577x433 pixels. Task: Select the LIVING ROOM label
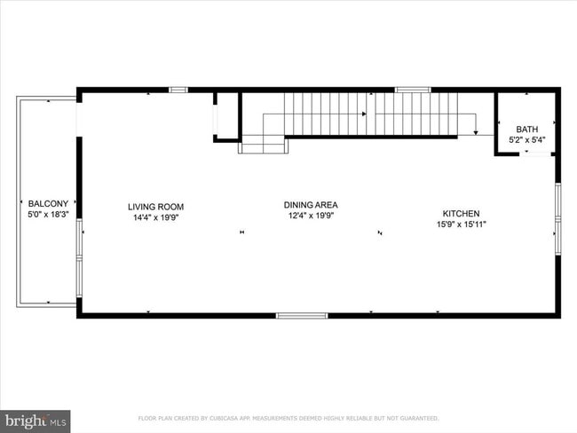(155, 207)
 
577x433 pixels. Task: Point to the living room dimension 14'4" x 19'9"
(155, 217)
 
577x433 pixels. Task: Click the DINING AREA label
(311, 205)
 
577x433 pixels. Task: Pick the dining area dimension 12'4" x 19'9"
(311, 216)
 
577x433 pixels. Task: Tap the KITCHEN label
(462, 214)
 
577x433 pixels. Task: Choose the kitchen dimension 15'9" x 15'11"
(462, 224)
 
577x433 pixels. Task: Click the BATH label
(526, 130)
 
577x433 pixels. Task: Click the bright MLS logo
(36, 421)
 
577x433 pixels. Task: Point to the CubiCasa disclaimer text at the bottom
(288, 418)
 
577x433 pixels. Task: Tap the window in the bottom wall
(302, 315)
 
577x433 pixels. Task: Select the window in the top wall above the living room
(178, 90)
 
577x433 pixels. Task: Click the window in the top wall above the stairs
(413, 90)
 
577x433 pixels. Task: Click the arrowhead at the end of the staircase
(476, 132)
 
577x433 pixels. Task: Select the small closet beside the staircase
(228, 116)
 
